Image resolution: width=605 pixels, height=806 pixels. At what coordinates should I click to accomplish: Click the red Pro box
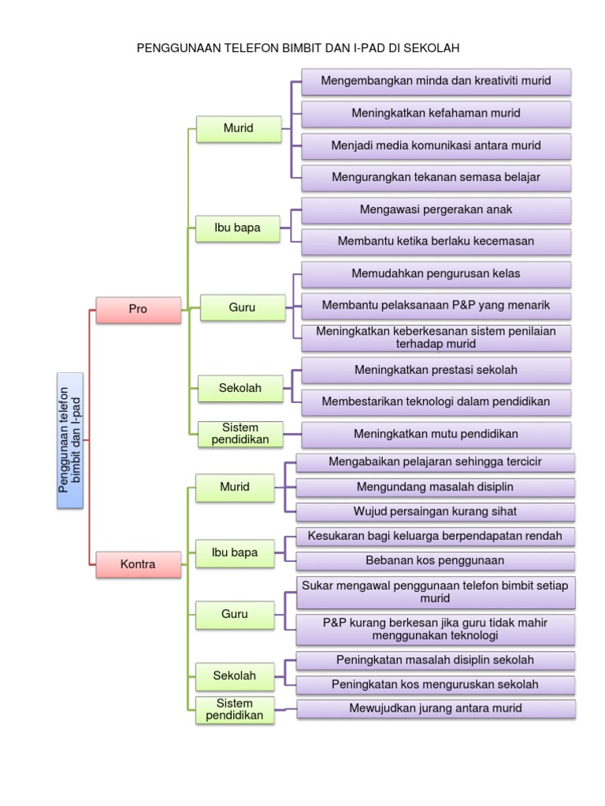click(138, 309)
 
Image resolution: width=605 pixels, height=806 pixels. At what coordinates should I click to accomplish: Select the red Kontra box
click(138, 564)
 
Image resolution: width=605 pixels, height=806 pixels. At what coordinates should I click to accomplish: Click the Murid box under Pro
click(238, 128)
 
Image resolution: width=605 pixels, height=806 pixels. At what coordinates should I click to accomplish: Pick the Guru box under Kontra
click(235, 614)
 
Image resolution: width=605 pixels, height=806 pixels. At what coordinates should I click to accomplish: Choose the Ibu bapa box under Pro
click(237, 229)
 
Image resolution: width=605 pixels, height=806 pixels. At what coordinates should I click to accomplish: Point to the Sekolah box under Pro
click(240, 388)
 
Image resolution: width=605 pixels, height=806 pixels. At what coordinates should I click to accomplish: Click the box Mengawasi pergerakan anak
click(436, 210)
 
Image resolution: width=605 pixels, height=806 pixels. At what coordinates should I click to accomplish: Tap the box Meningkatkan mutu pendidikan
click(436, 434)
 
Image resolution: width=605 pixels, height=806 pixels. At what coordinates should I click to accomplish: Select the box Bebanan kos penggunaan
click(436, 560)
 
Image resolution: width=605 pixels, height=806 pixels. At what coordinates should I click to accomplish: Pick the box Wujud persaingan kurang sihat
click(436, 512)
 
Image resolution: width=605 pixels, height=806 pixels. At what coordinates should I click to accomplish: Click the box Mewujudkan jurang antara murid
click(436, 708)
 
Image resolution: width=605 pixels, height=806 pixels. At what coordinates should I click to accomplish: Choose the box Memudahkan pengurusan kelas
click(436, 274)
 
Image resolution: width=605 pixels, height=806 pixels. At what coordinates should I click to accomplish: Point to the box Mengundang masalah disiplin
click(436, 487)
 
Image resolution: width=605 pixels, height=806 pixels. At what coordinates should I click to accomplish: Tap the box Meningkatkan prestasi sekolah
click(436, 370)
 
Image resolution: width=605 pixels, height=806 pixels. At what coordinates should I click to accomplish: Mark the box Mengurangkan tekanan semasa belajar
click(436, 177)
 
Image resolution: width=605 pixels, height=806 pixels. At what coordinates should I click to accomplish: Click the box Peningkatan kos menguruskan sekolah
click(436, 684)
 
